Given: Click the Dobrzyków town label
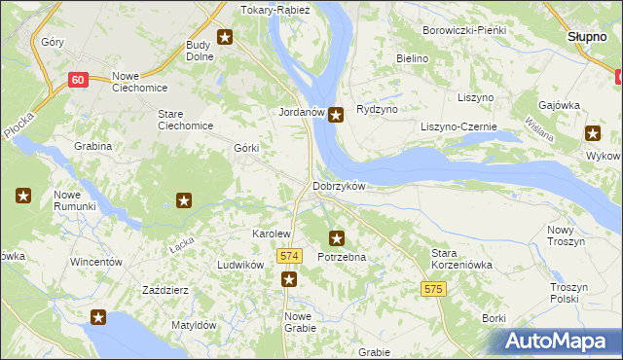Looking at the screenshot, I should click(339, 186).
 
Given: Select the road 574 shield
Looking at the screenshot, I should click(287, 256).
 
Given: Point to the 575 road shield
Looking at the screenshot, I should click(434, 289).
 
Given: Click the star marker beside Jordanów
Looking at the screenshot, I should click(336, 115).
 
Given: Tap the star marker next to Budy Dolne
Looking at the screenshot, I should click(226, 38).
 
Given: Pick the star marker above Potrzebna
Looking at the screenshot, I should click(337, 236).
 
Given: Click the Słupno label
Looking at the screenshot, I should click(587, 36).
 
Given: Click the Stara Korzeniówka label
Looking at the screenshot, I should click(462, 258).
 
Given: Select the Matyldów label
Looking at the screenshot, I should click(193, 325).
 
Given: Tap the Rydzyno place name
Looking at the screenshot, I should click(378, 109).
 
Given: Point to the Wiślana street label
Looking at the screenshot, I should click(539, 128).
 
